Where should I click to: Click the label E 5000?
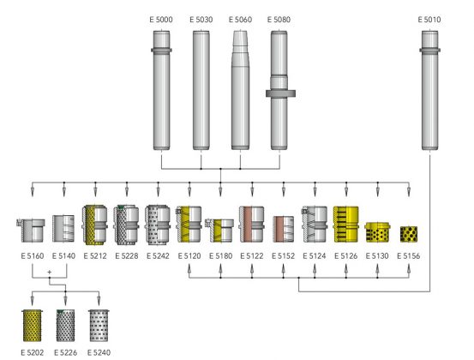tap(161, 20)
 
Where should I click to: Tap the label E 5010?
tap(429, 20)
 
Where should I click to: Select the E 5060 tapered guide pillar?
tap(240, 90)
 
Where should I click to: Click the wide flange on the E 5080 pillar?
tap(280, 93)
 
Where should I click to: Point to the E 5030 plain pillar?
tap(201, 90)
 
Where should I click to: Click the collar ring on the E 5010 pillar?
tap(429, 51)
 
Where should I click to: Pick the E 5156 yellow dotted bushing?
tap(409, 234)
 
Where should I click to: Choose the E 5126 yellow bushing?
tap(345, 225)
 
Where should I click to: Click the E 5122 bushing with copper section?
tap(251, 225)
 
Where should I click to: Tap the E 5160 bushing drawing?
tap(31, 231)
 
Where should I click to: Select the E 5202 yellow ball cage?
tap(33, 326)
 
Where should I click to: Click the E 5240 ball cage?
tap(99, 326)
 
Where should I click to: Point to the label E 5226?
tap(66, 352)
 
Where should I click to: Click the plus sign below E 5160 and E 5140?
tap(49, 272)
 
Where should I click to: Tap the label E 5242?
tap(158, 256)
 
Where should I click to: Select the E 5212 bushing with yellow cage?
tap(94, 225)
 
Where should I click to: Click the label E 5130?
tap(377, 256)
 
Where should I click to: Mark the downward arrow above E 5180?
tap(220, 189)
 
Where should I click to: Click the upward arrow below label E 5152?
tap(283, 270)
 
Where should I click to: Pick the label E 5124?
tap(315, 256)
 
